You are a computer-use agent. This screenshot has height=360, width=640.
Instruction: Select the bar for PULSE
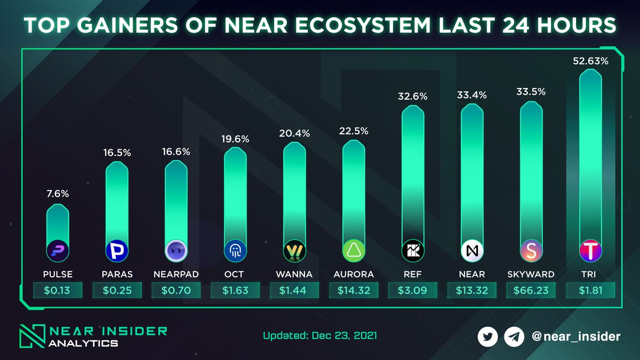(x=58, y=224)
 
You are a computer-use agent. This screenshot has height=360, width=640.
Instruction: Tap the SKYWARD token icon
(x=531, y=250)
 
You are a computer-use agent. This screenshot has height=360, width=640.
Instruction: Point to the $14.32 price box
(x=354, y=291)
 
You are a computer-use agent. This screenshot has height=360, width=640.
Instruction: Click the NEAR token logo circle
(x=472, y=250)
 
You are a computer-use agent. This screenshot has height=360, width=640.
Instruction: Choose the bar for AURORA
(x=354, y=192)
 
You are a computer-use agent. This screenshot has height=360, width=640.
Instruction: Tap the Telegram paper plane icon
(x=514, y=337)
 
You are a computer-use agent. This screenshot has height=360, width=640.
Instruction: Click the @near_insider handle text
(x=576, y=337)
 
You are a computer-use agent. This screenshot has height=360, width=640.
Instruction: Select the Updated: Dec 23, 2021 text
(x=320, y=336)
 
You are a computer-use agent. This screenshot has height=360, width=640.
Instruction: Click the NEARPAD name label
(x=176, y=274)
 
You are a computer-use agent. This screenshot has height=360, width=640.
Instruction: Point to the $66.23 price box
(x=531, y=291)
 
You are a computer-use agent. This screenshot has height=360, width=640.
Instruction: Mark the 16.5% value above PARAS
(x=117, y=153)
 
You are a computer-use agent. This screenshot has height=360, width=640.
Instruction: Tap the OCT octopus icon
(x=235, y=250)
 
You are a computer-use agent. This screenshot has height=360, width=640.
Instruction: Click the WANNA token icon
(x=294, y=250)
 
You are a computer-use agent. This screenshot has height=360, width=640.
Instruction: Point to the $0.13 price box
(x=58, y=291)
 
